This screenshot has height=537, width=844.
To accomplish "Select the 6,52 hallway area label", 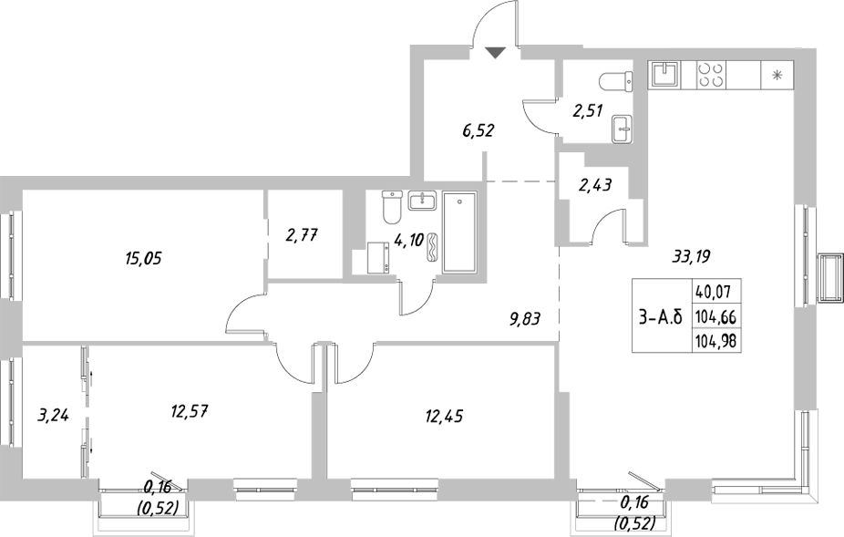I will click(479, 130).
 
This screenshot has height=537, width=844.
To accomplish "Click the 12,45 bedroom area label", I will click(443, 418).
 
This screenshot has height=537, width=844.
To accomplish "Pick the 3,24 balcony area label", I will click(52, 418).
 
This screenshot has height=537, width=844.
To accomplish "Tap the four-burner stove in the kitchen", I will click(711, 75).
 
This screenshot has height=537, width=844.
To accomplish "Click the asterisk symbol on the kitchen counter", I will click(777, 76).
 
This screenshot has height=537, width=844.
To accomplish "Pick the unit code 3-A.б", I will click(660, 317).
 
